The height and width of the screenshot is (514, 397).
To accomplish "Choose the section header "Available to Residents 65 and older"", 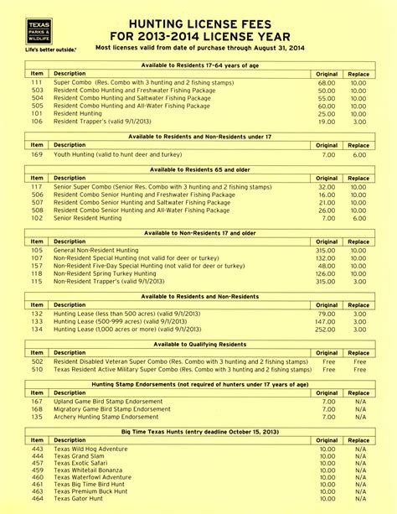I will coord(198,169).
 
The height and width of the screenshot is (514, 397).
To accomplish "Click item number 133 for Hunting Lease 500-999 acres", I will coord(37,321).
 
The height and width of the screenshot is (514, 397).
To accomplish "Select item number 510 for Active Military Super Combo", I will coord(37,369).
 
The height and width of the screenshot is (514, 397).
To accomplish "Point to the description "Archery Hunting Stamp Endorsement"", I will coord(106,417).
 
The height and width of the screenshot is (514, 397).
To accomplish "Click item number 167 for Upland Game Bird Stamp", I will coord(37,402).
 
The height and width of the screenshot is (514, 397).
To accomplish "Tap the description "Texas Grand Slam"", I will coord(78,457).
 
